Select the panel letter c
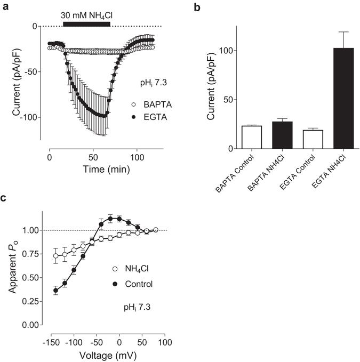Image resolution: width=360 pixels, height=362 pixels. point(4,198)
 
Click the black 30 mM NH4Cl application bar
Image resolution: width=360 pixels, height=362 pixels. point(86,23)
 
